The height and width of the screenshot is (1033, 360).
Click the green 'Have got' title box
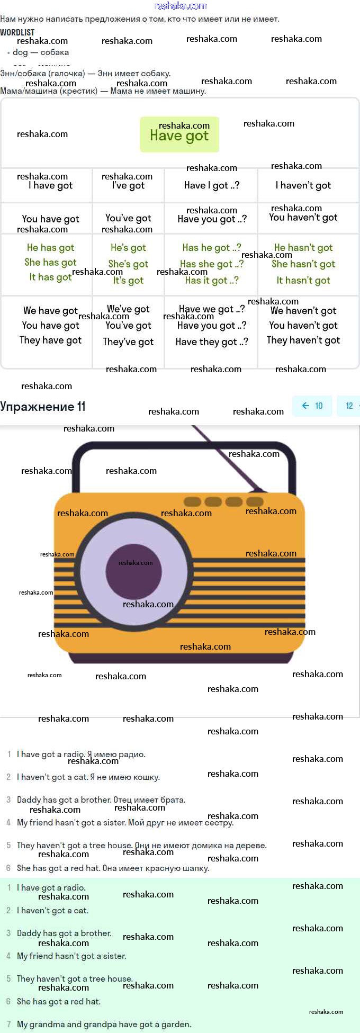click(x=179, y=135)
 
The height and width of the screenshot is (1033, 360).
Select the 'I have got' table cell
click(x=50, y=185)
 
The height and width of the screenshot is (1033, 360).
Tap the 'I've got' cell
click(x=128, y=185)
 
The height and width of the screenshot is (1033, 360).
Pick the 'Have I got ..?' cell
click(x=211, y=185)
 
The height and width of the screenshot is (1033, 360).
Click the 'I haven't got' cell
click(x=303, y=185)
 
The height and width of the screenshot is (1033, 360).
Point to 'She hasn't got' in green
click(x=303, y=264)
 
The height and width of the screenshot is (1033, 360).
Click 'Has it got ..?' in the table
click(x=211, y=280)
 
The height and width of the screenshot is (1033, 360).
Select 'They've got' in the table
click(x=128, y=342)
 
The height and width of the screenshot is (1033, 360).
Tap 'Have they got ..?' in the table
click(x=211, y=342)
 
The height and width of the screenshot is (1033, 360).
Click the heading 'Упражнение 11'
click(x=43, y=407)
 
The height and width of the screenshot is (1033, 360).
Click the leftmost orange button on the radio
click(x=192, y=501)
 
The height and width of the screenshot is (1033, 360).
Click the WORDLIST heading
click(x=17, y=32)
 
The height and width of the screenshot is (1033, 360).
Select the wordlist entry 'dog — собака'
click(x=41, y=52)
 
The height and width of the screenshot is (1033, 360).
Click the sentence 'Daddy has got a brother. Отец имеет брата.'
click(x=101, y=800)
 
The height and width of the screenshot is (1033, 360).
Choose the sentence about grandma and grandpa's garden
click(x=104, y=1024)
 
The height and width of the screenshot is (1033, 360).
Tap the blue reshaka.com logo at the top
click(x=180, y=6)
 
